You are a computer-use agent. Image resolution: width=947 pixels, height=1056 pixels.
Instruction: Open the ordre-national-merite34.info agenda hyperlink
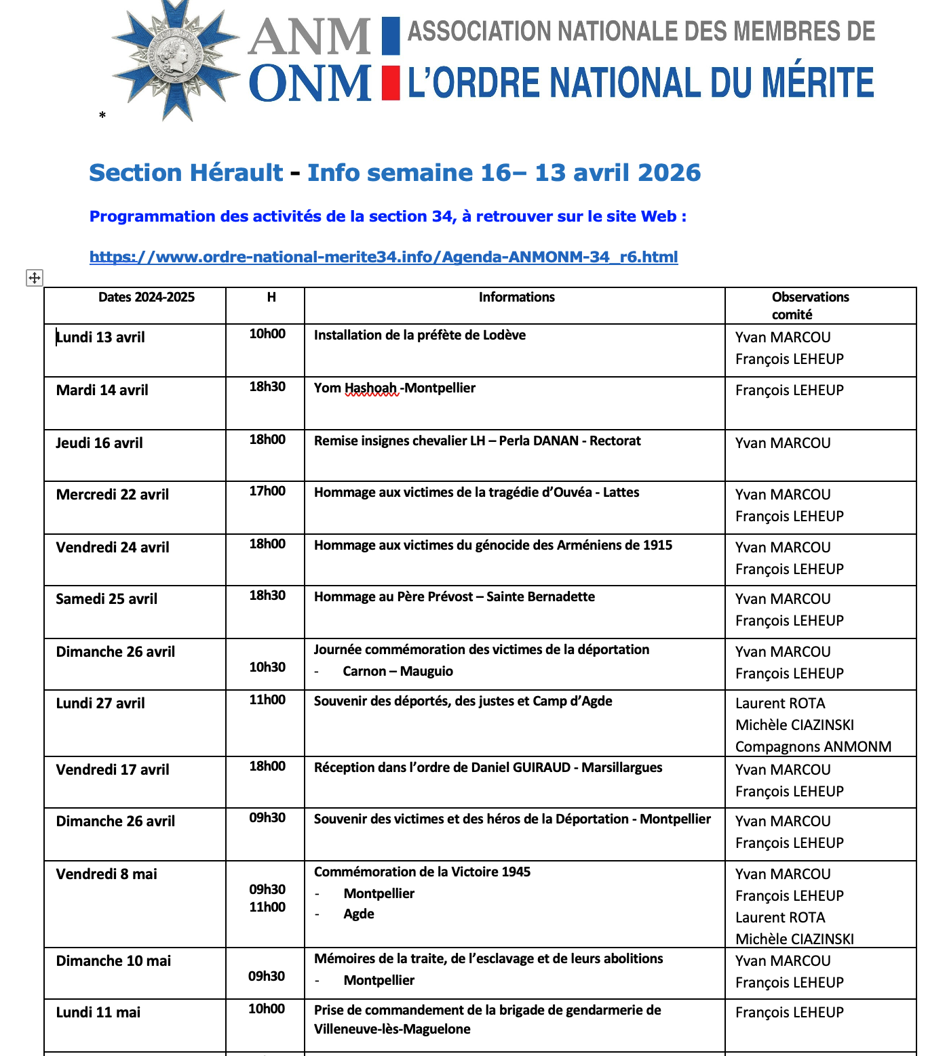[x=383, y=257]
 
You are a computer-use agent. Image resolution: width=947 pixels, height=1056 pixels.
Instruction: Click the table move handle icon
[x=34, y=277]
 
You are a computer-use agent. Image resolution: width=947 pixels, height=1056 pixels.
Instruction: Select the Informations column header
[x=516, y=297]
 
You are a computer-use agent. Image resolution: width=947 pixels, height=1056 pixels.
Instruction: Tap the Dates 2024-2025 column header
[x=146, y=297]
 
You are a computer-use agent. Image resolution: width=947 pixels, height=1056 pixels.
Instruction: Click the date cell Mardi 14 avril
[x=102, y=390]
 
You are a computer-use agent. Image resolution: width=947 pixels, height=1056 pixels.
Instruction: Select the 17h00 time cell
[x=267, y=491]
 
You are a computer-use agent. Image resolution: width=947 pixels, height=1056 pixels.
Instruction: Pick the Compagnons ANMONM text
[x=813, y=747]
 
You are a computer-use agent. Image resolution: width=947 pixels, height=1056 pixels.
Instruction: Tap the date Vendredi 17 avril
[x=113, y=770]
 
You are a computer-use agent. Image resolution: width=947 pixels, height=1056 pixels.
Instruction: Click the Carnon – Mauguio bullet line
[x=398, y=672]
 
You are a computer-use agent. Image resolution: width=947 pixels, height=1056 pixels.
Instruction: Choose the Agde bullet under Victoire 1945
[x=359, y=914]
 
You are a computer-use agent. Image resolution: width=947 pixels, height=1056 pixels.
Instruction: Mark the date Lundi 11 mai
[x=98, y=1013]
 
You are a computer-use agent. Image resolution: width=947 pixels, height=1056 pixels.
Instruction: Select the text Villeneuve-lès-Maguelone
[x=391, y=1030]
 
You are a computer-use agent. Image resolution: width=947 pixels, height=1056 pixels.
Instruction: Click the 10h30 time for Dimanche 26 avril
[x=267, y=668]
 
